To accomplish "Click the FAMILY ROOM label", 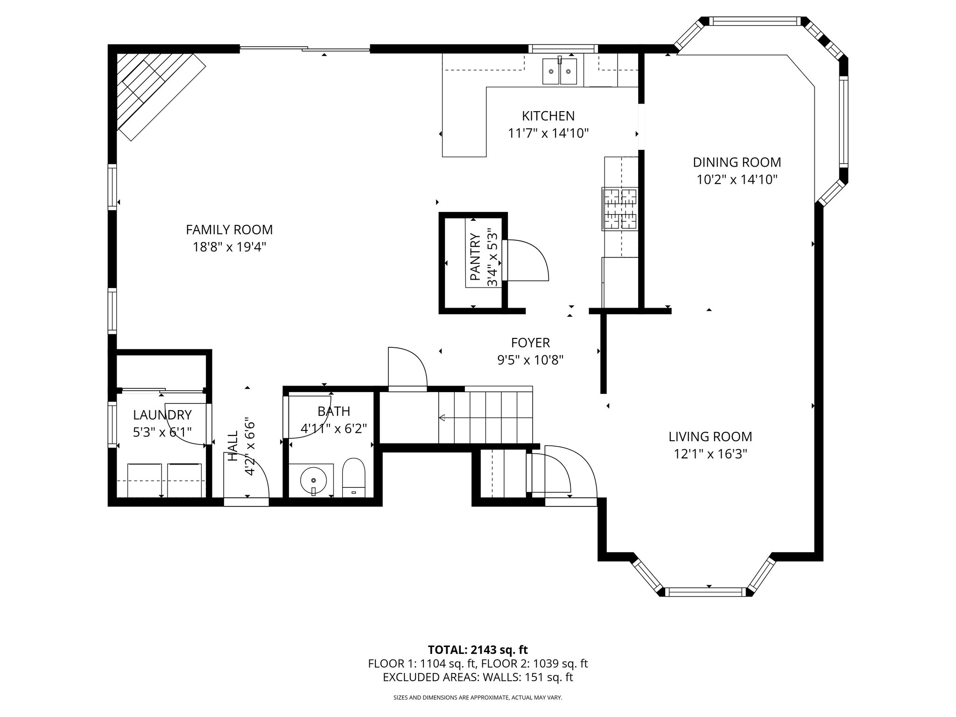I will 229,230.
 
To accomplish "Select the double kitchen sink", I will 560,71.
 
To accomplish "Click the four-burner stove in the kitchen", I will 620,209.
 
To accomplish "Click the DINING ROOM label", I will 737,162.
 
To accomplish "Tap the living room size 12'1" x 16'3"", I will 710,454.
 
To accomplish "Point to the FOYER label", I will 530,343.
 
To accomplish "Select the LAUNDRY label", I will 162,415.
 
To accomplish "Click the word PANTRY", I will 475,257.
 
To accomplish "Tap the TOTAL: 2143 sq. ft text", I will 478,650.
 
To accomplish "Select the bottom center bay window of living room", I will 705,592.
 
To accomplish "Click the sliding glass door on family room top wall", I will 305,48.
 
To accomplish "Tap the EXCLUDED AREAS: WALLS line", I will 478,677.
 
